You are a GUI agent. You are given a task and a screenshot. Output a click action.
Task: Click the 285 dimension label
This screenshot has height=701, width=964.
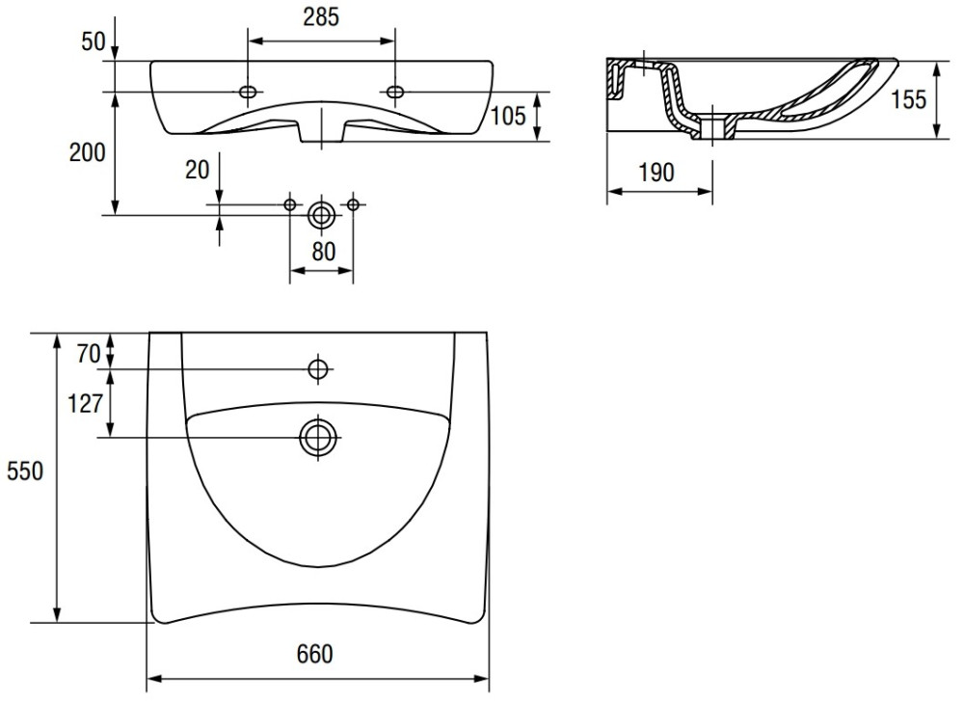[x=321, y=17]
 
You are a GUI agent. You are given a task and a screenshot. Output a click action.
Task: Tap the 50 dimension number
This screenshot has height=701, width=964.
[x=94, y=41]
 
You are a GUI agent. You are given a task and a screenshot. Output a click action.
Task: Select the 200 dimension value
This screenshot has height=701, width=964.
[x=88, y=152]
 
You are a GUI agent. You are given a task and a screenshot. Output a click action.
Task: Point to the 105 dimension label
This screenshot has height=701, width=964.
[x=508, y=116]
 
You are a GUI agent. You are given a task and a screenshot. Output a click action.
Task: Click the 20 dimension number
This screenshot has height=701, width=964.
[x=198, y=170]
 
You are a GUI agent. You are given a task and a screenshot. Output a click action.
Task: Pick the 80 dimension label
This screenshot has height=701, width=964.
[x=324, y=252]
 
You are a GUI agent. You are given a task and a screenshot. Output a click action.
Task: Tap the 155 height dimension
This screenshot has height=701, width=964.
[x=908, y=99]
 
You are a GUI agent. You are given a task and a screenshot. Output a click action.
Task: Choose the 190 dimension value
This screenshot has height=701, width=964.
[x=656, y=173]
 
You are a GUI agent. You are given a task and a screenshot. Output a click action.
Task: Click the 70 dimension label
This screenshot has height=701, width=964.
[x=89, y=354]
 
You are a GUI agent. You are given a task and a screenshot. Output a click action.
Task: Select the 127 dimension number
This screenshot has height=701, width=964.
[x=84, y=403]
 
